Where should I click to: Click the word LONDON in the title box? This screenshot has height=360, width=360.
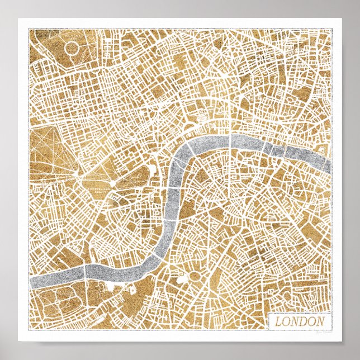coord(299,322)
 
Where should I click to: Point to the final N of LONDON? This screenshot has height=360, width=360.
coord(320,322)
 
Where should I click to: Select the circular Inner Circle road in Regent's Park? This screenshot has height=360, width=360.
coord(73,49)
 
